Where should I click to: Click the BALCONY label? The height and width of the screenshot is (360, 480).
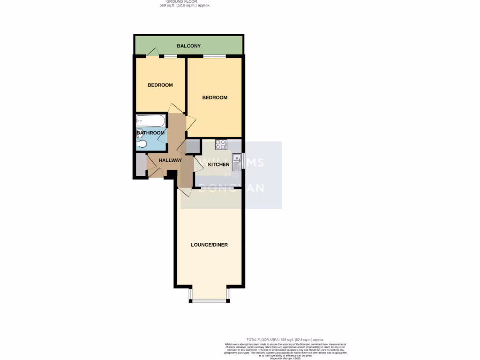tap(188, 46)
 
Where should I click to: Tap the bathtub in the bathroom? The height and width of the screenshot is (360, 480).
tap(150, 121)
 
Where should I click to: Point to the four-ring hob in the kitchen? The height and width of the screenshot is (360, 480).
tap(221, 145)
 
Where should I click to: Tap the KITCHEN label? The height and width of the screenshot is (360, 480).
tap(218, 165)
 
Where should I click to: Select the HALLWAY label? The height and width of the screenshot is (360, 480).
tap(170, 160)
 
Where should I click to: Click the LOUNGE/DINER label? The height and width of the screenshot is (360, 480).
tap(209, 245)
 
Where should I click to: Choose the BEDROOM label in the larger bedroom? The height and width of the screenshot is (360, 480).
tap(215, 97)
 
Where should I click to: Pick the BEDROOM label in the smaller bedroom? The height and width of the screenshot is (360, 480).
tap(160, 85)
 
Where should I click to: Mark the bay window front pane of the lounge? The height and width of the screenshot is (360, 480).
tap(209, 300)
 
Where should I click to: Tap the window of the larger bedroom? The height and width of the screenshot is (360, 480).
tap(214, 57)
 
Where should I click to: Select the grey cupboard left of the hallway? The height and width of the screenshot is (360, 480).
tap(139, 165)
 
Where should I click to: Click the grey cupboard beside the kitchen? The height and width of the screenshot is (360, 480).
tap(192, 147)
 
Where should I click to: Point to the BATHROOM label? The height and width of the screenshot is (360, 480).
tap(150, 133)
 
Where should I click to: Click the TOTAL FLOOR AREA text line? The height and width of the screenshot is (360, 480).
tap(285, 339)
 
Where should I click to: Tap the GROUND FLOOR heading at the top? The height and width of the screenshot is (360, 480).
tap(185, 2)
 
